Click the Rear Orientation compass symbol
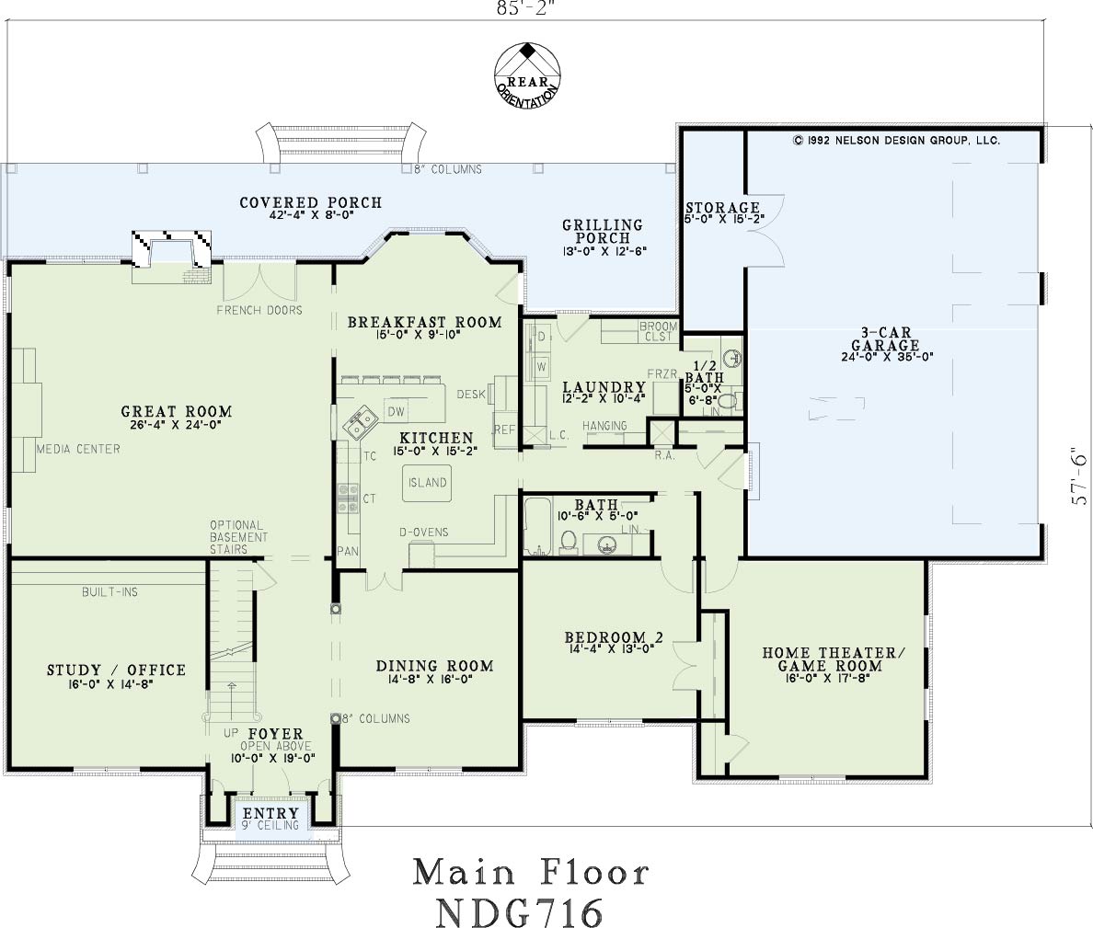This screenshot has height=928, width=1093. click(528, 76)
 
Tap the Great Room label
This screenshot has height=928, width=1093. click(177, 412)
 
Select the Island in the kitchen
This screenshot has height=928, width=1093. click(427, 483)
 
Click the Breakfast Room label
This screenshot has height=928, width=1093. click(424, 323)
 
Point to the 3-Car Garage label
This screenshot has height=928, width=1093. click(885, 339)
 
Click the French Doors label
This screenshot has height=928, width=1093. click(259, 310)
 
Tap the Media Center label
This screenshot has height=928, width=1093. click(78, 450)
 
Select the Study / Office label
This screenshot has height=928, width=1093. click(117, 670)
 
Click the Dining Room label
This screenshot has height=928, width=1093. click(434, 666)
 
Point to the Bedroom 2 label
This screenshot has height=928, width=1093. click(614, 636)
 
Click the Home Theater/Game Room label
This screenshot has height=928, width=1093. click(833, 659)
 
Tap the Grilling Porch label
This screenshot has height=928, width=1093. click(603, 231)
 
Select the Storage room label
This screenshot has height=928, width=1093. click(722, 208)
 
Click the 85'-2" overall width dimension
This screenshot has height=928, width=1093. click(526, 7)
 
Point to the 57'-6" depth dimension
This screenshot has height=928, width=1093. click(1079, 476)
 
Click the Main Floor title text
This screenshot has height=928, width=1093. click(531, 873)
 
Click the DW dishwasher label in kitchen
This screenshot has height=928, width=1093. click(396, 412)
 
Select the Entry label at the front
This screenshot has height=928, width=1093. click(270, 813)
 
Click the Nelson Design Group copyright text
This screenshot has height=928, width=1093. click(896, 140)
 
